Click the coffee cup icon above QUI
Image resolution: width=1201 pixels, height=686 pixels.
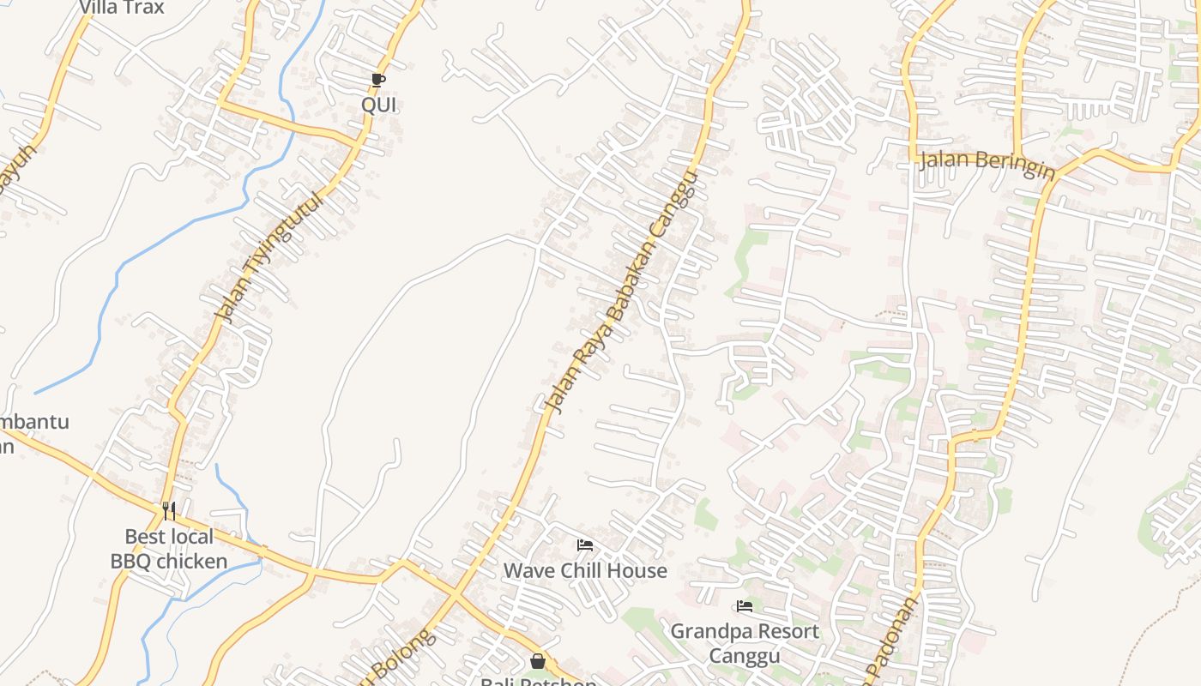point(378,81)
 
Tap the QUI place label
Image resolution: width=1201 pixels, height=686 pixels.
point(378,105)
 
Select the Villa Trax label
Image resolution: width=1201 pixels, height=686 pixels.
point(121,8)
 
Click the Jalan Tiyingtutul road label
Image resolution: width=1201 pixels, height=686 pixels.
point(269,257)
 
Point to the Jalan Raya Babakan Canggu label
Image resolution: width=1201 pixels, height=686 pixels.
point(619,292)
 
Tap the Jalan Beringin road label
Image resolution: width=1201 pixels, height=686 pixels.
point(987,162)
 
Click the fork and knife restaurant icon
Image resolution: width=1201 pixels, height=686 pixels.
point(169,511)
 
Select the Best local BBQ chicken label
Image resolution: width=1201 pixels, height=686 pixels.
point(169,549)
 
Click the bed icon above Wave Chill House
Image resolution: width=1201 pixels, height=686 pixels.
point(585,545)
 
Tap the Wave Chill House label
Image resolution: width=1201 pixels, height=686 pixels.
point(585,570)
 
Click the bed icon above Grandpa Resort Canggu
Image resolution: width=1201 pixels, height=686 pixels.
point(745,606)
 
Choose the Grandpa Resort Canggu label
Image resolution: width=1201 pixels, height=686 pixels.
point(745,643)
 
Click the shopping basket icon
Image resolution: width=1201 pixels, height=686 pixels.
point(538,661)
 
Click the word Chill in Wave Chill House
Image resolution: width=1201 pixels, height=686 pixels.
point(585,570)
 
